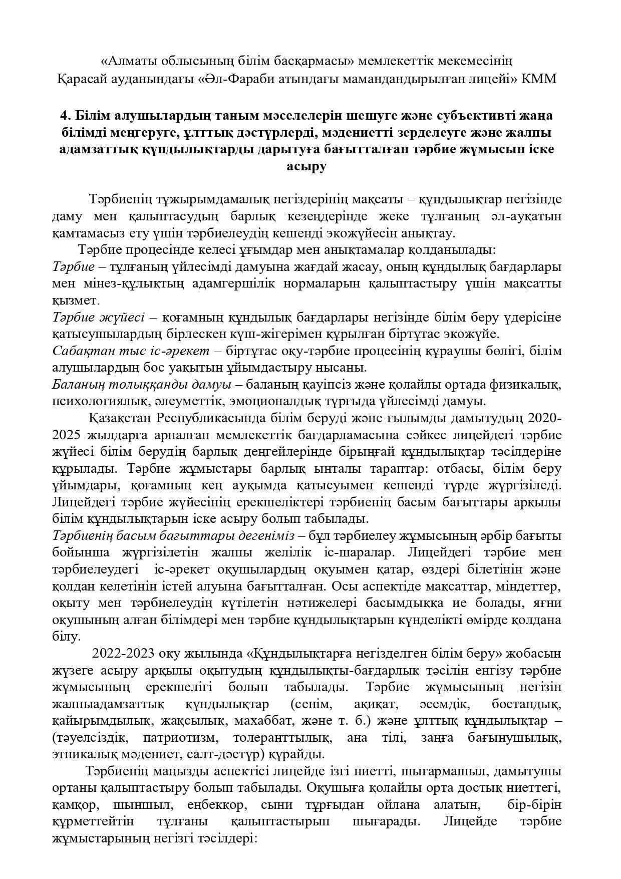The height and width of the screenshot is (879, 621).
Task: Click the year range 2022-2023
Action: coord(123,654)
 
